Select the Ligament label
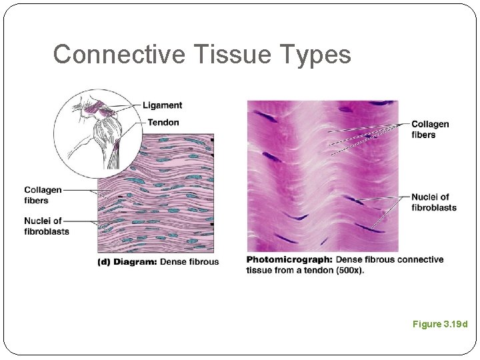(162, 105)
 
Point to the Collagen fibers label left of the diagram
(43, 195)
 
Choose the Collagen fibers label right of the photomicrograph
(430, 129)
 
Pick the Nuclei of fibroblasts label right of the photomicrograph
(433, 202)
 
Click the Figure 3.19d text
(440, 324)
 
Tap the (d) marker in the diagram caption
(104, 262)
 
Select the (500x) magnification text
(349, 270)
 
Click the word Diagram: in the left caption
(135, 262)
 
